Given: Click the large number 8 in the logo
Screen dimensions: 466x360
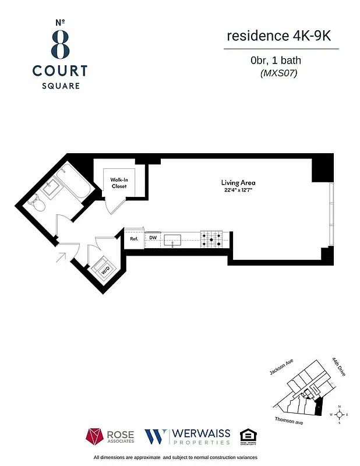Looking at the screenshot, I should (x=59, y=43).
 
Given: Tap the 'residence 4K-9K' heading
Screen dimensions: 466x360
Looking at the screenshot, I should (x=281, y=36).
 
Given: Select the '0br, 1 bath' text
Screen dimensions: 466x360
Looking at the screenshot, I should (x=276, y=60).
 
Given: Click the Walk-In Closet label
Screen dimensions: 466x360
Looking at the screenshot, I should (x=119, y=183).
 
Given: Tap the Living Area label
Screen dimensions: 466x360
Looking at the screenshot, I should (x=238, y=183).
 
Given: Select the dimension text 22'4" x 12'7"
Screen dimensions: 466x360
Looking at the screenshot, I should (x=238, y=190).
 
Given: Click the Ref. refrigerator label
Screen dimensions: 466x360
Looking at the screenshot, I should (x=134, y=238).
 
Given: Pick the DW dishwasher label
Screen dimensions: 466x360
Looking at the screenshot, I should (x=153, y=238).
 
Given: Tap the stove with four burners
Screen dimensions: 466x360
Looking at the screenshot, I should (x=211, y=238).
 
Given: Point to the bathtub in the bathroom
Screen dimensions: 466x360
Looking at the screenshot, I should (x=75, y=182).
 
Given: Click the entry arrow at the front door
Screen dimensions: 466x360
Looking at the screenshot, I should (x=62, y=256).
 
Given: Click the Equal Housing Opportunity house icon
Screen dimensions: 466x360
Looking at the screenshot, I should (x=248, y=436).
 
